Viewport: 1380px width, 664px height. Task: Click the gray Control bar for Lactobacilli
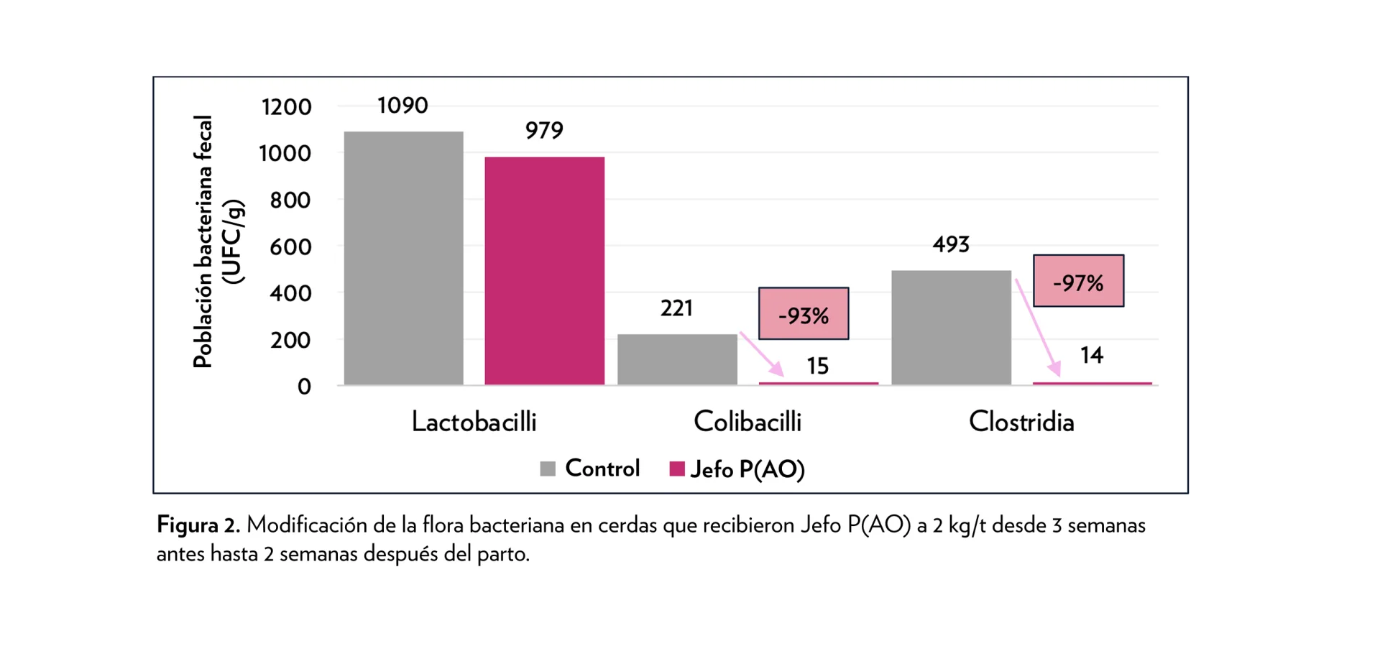tap(403, 258)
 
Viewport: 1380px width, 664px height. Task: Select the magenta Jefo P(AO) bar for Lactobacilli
tap(544, 271)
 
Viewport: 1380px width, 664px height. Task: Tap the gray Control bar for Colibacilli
tap(677, 359)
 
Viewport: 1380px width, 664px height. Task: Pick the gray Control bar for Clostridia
tap(951, 328)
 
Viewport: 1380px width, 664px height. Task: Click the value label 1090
tap(402, 106)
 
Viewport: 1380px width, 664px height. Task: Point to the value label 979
tap(544, 131)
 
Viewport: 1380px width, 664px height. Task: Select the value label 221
tap(676, 308)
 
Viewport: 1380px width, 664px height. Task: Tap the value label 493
tap(951, 245)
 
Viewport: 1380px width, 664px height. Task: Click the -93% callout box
tap(804, 314)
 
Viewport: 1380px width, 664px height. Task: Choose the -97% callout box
tap(1078, 281)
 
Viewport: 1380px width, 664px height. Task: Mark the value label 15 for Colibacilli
tap(817, 366)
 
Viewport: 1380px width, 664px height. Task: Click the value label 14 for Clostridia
tap(1091, 355)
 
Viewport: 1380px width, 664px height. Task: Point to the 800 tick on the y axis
tap(290, 200)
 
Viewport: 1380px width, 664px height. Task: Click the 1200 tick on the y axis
tap(286, 107)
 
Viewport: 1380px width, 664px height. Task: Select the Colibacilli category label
tap(747, 422)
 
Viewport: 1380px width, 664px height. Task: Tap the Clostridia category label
tap(1021, 422)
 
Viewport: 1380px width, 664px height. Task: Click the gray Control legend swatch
tap(548, 469)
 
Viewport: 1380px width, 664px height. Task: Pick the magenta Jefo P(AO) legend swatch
tap(676, 469)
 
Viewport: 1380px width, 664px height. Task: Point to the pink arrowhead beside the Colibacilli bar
tap(776, 369)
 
